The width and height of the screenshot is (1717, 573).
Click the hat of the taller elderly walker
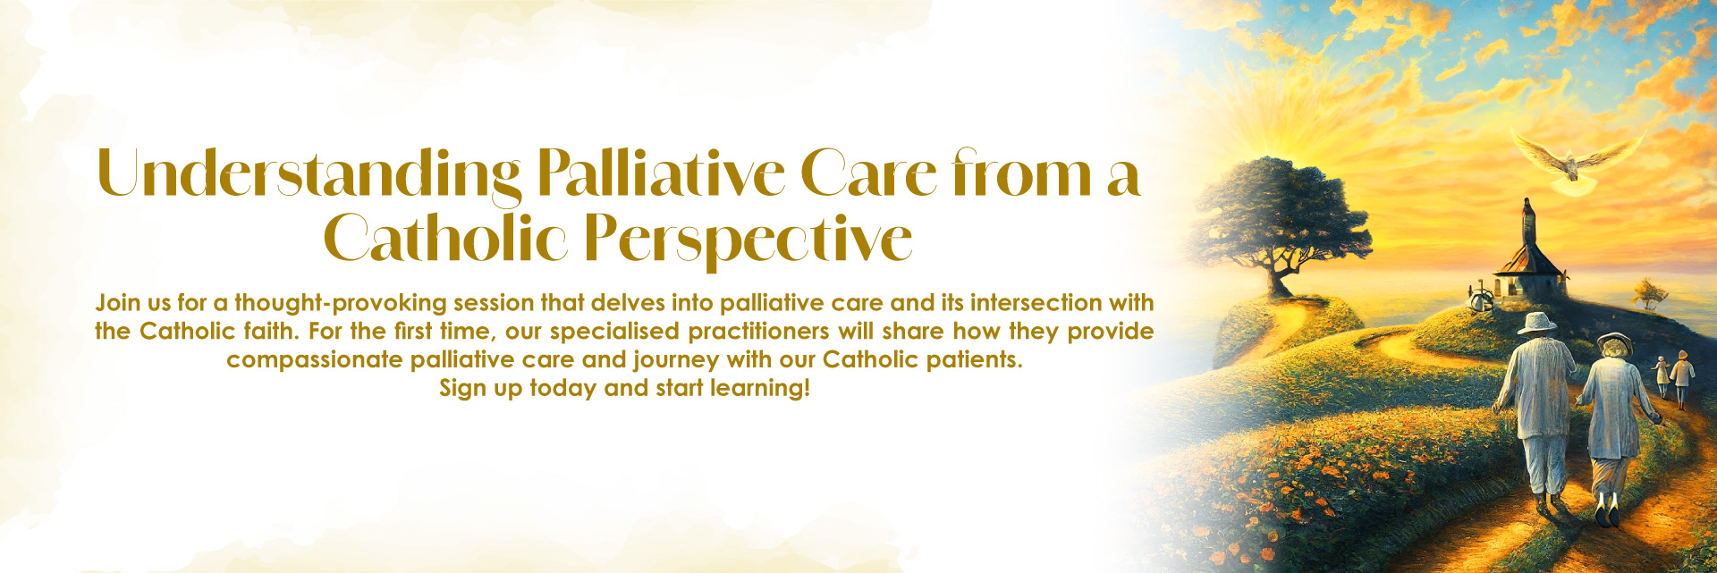coord(1537,322)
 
